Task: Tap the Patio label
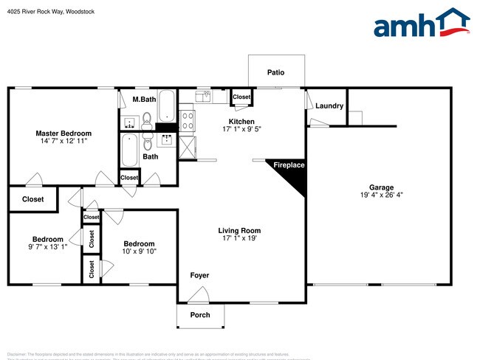coord(275,72)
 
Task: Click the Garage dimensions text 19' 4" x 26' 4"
coord(382,195)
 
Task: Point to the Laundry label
coord(329,105)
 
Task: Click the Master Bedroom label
coord(64,134)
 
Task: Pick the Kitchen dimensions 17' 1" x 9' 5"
coord(241,129)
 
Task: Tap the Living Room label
coord(239,230)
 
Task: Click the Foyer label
coord(199,275)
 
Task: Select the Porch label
coord(200,315)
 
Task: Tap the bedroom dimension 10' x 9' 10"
coord(139,252)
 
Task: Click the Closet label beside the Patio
coord(241,97)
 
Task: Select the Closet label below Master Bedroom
coord(32,199)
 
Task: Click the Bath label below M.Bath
coord(150,156)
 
